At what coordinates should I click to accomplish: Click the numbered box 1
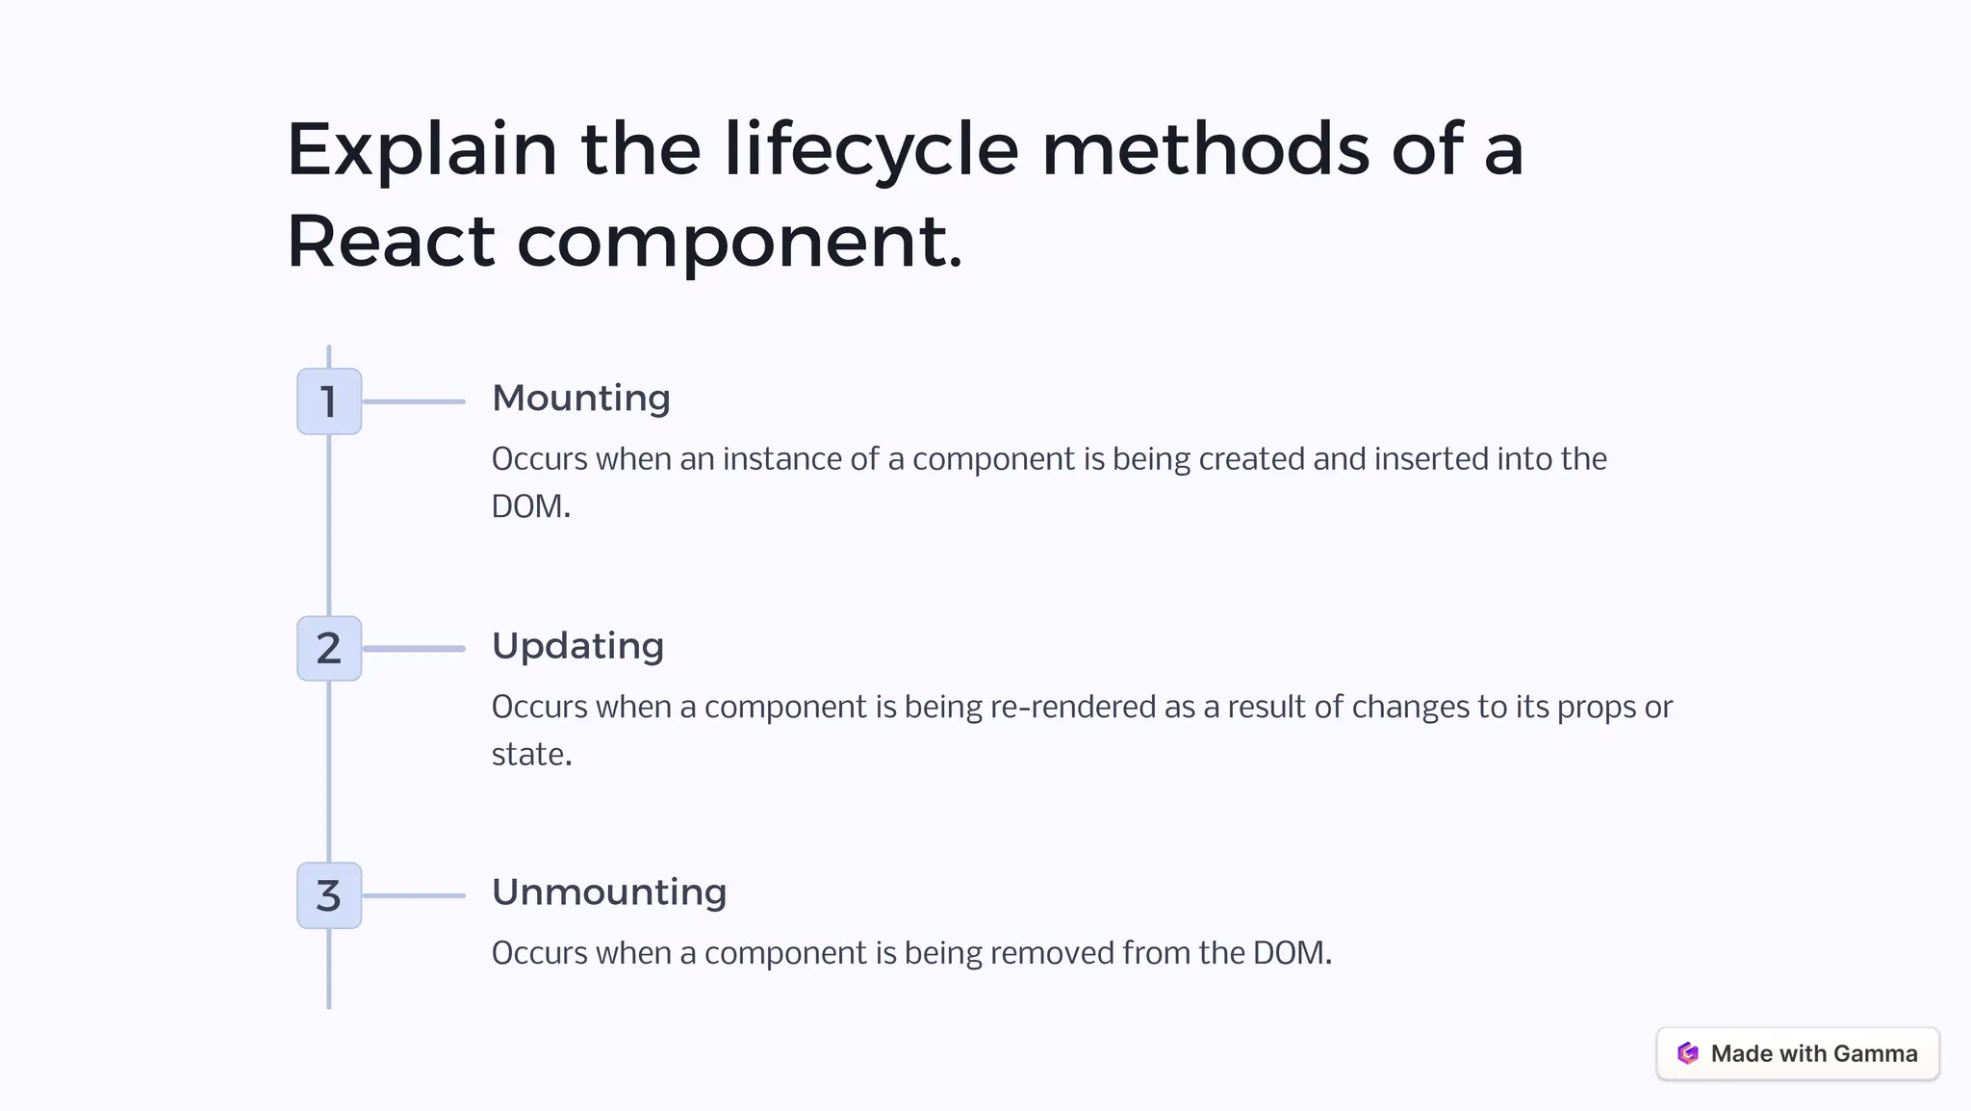pos(329,401)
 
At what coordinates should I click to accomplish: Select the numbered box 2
pos(329,649)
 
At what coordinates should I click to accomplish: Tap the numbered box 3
pos(329,895)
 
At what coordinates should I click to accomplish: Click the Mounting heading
pos(580,399)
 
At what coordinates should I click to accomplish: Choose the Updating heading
pos(577,646)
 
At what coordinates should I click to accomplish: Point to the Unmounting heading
pos(609,892)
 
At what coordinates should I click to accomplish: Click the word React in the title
pos(390,242)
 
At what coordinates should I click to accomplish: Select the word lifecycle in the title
pos(871,150)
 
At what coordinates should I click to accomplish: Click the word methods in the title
pos(1205,150)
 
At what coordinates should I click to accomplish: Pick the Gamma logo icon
pos(1688,1053)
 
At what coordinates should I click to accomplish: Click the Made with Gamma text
pos(1814,1054)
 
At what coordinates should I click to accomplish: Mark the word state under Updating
pos(528,755)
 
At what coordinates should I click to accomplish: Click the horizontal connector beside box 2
pos(414,649)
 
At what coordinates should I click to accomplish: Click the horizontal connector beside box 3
pos(414,895)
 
